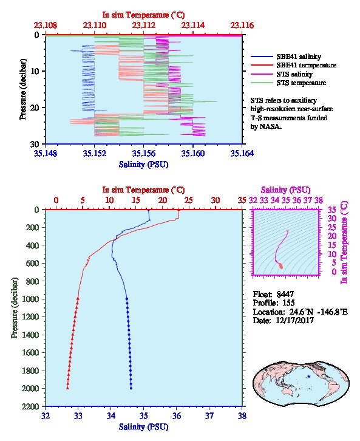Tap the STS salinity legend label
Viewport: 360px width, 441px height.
pyautogui.click(x=294, y=74)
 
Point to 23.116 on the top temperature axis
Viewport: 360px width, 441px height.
pyautogui.click(x=242, y=26)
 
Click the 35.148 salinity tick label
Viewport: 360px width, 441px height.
pyautogui.click(x=46, y=153)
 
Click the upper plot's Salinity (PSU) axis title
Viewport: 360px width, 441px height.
pyautogui.click(x=143, y=164)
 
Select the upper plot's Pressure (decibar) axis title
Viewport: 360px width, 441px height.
pyautogui.click(x=23, y=89)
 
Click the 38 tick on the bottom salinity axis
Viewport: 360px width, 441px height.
pyautogui.click(x=242, y=415)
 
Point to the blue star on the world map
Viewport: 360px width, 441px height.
pyautogui.click(x=309, y=377)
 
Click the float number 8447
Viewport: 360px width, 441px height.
pyautogui.click(x=285, y=294)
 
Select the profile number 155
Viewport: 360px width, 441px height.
pyautogui.click(x=288, y=303)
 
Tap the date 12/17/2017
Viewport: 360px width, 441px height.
pyautogui.click(x=296, y=320)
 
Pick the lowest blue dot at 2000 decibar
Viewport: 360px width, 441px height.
pyautogui.click(x=131, y=388)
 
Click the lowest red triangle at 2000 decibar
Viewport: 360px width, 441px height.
pyautogui.click(x=67, y=388)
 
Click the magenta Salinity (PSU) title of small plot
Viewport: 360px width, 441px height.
pyautogui.click(x=285, y=190)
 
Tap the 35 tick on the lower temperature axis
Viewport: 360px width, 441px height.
pyautogui.click(x=242, y=200)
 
